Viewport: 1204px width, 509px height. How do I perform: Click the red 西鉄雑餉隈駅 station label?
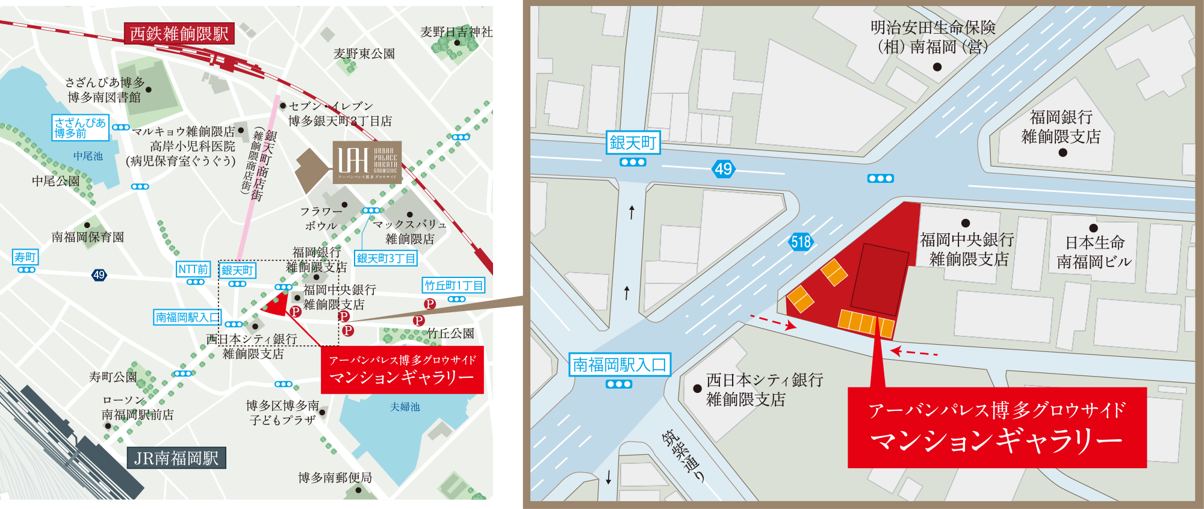point(179,34)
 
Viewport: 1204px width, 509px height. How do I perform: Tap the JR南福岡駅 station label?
point(176,458)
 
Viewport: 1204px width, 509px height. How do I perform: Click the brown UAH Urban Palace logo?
point(367,162)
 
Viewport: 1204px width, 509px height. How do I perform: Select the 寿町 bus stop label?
point(25,257)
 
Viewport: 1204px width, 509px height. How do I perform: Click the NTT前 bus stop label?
point(193,269)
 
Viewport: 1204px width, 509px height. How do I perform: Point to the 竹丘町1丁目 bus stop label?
point(454,285)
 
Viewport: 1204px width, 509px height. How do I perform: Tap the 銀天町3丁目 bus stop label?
point(386,258)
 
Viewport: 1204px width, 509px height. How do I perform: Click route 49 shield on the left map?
point(99,275)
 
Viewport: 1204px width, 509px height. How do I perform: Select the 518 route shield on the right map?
point(801,242)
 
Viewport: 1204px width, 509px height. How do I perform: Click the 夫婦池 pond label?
point(405,407)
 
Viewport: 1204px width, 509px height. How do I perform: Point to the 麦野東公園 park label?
point(364,54)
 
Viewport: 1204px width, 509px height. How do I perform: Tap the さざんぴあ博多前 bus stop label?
point(80,128)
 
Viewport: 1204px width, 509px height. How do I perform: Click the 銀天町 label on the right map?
point(633,143)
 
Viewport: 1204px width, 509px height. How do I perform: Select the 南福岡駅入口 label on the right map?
point(619,365)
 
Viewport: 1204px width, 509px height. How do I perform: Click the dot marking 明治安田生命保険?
point(937,67)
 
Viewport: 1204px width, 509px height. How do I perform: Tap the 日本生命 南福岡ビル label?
point(1094,252)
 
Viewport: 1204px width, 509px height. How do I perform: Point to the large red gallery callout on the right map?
point(997,427)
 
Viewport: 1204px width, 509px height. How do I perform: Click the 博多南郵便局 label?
point(335,478)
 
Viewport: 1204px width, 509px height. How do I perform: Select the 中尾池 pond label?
point(88,156)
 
